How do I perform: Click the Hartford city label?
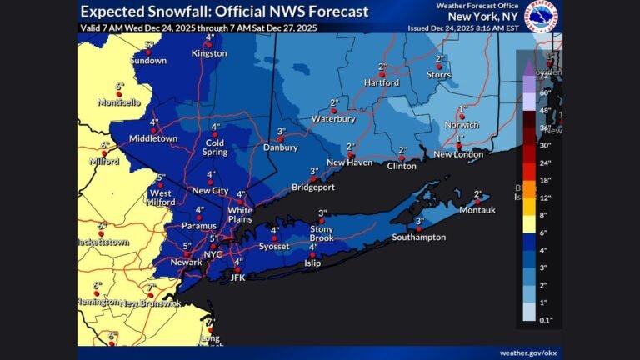[381, 83]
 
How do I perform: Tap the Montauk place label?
[477, 210]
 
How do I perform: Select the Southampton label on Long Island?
[419, 237]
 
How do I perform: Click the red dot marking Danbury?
[281, 139]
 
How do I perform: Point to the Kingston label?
[209, 53]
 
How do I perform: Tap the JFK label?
[237, 278]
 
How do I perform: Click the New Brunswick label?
[151, 302]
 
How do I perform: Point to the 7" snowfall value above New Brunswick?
[151, 287]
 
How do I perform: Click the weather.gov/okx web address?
[527, 352]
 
